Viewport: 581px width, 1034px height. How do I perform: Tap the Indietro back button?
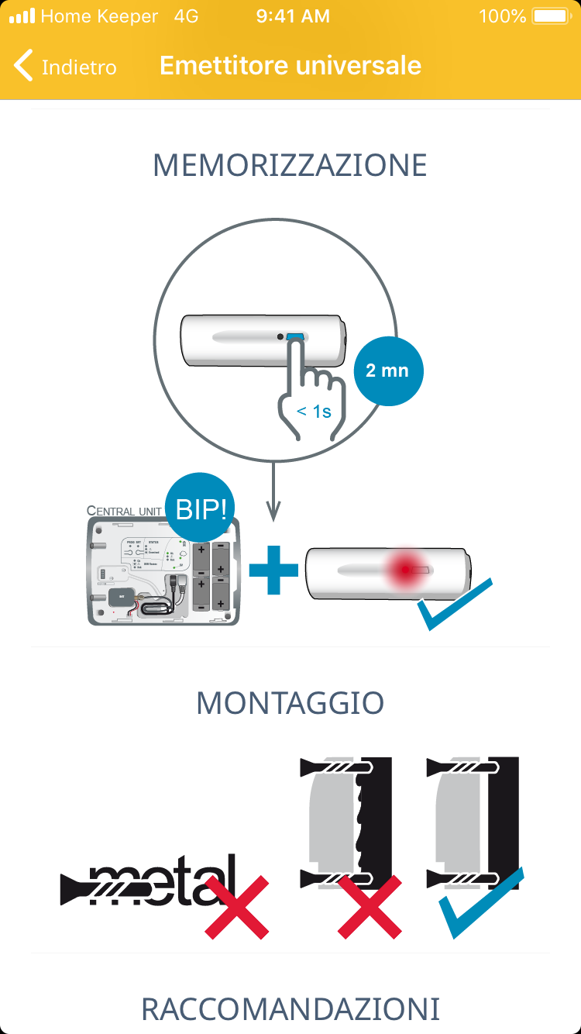click(x=66, y=67)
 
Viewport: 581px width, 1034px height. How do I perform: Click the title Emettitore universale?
click(x=290, y=66)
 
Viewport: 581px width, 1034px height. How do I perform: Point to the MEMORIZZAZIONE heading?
click(x=290, y=166)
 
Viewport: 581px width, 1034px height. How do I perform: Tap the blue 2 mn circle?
click(x=387, y=371)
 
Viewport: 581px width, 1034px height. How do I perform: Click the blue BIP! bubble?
click(x=201, y=508)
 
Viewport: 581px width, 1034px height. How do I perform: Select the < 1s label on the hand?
click(x=314, y=412)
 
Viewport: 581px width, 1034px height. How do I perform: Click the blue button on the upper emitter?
click(x=295, y=337)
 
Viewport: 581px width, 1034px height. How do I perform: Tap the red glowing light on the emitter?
click(x=404, y=570)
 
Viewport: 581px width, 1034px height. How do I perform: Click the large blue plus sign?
click(x=273, y=570)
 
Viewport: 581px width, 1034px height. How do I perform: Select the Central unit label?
click(x=124, y=512)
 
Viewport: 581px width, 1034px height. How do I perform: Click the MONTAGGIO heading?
click(x=290, y=703)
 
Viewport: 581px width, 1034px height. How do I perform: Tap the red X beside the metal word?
click(x=237, y=906)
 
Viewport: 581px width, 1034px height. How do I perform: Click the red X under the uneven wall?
click(x=370, y=906)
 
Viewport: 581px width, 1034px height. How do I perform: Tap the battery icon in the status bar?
click(x=551, y=16)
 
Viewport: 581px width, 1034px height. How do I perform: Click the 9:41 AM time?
click(x=293, y=16)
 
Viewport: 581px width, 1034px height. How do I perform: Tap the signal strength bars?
click(x=22, y=16)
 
